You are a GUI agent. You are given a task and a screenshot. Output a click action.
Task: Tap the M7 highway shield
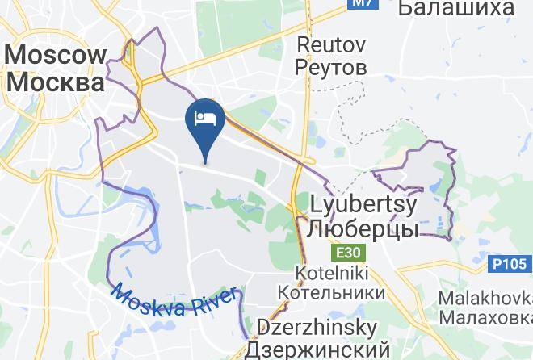362,4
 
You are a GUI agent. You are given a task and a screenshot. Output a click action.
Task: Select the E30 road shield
350,253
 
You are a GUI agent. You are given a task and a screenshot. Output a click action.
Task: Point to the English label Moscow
57,55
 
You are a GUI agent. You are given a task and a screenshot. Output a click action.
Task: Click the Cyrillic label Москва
57,82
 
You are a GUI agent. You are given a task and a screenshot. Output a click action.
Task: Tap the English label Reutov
332,43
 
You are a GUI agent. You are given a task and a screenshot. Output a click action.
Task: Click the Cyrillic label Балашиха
456,8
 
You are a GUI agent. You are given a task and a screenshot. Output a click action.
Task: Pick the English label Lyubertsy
363,204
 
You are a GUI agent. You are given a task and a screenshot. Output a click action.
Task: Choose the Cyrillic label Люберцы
363,229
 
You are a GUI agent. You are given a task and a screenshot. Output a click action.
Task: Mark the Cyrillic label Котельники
330,291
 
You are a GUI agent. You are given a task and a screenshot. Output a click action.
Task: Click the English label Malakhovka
485,298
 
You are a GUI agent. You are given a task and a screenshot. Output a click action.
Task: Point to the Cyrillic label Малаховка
485,316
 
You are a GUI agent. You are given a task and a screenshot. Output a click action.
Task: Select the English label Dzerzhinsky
317,329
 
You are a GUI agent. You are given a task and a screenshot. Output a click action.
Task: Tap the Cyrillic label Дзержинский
317,350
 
